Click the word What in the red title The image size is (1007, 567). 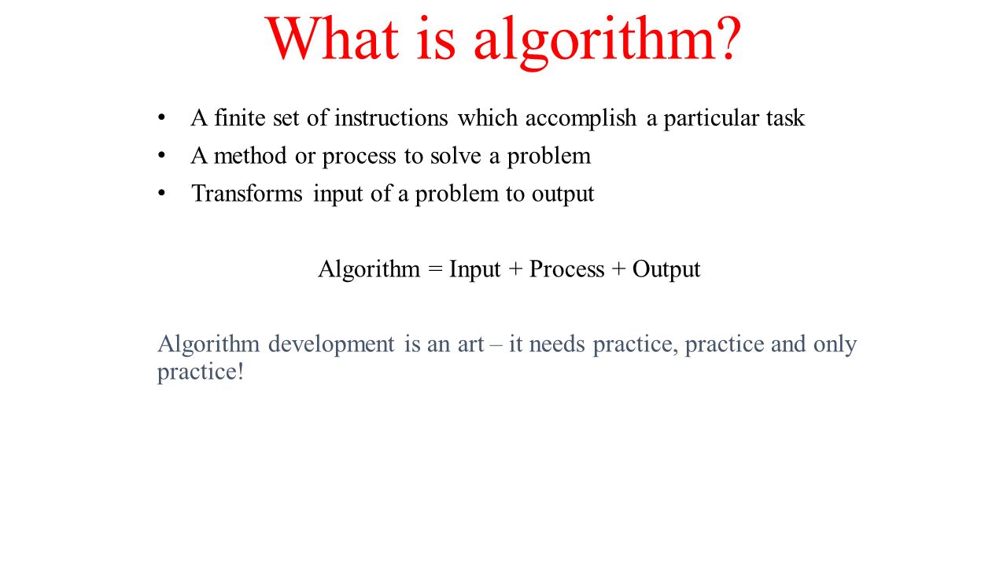pos(332,39)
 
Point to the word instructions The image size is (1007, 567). pos(391,118)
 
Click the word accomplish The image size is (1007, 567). pos(581,119)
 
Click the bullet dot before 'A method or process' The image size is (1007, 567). pos(162,156)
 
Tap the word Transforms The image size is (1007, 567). pos(247,194)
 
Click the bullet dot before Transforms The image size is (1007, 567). pos(162,194)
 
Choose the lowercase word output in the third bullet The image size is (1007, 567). pos(563,195)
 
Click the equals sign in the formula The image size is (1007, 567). pos(435,269)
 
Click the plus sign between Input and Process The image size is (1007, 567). pos(515,269)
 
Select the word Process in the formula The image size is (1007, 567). pos(567,269)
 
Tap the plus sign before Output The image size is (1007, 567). pos(618,269)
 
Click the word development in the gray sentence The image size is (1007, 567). pos(331,345)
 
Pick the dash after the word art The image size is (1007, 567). pos(496,346)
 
